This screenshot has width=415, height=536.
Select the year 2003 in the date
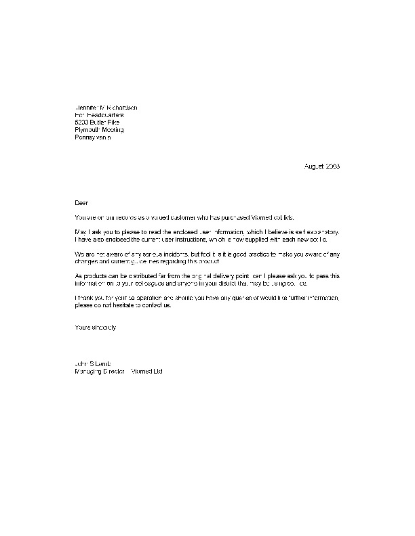332,166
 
